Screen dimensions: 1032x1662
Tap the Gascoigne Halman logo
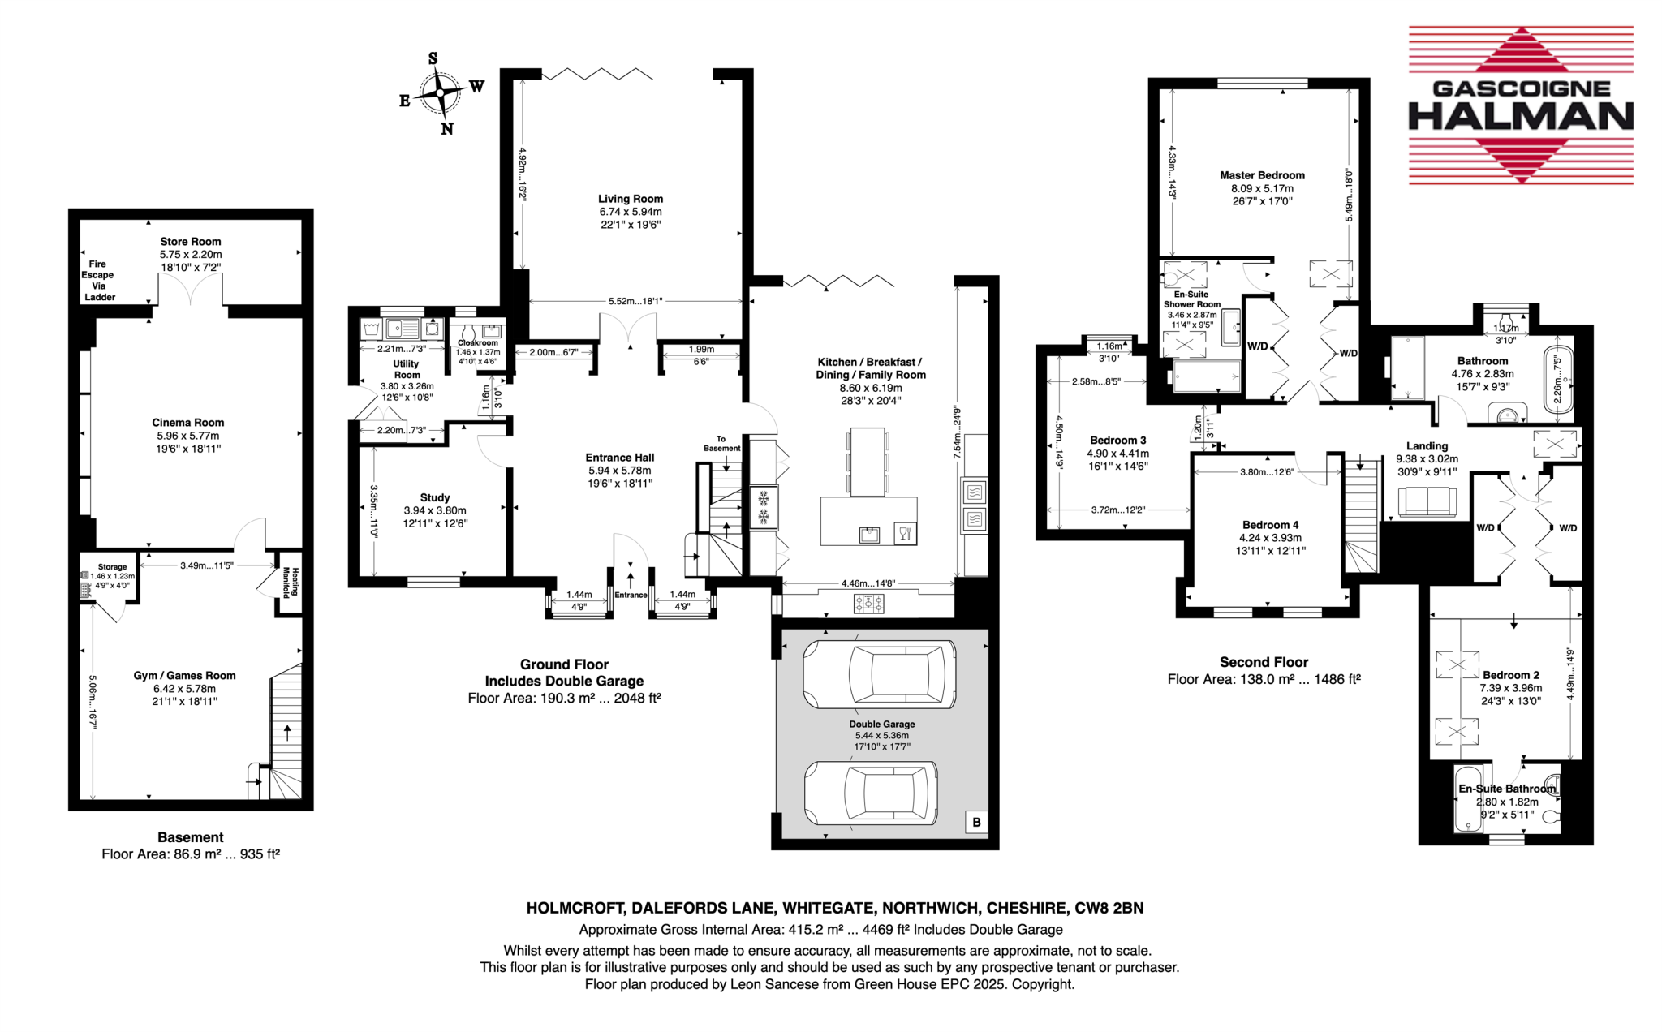pos(1520,105)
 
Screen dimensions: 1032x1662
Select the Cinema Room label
pos(187,423)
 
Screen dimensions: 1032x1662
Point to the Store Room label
pos(190,242)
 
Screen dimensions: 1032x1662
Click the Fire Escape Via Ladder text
pos(98,281)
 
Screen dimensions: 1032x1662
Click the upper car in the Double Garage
pos(879,674)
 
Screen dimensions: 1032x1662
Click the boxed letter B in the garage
pos(976,822)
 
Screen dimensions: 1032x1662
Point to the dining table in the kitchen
pos(867,462)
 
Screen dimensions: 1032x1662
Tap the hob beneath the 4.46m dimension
pos(868,604)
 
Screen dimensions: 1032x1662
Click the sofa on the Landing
pos(1427,502)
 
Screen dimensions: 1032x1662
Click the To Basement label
pos(721,444)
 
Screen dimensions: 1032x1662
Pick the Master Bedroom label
pos(1262,175)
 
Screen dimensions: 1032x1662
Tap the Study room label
pos(435,497)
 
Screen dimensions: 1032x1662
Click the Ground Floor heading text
pos(564,664)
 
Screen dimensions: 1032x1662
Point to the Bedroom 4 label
pos(1270,525)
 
